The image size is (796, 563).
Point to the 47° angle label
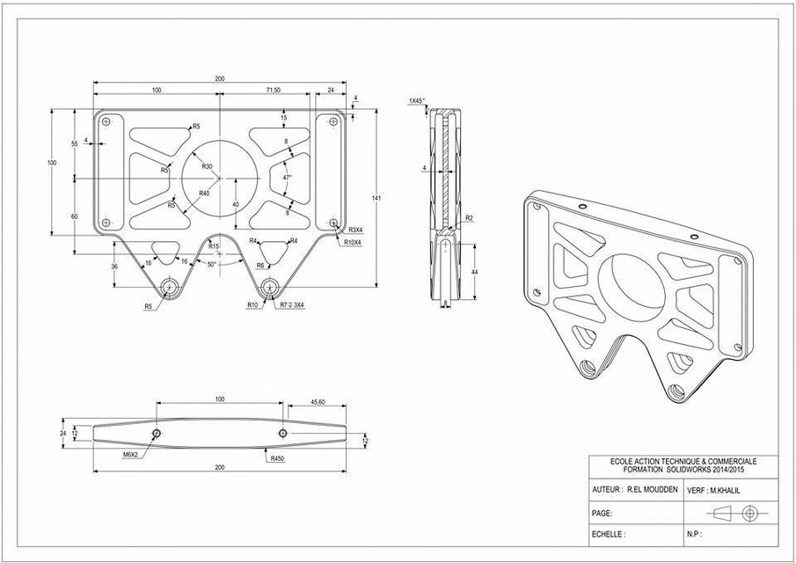pos(287,177)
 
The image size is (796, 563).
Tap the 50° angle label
pos(213,263)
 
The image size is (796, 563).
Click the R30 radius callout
pos(207,166)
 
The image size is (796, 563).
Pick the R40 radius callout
pos(203,193)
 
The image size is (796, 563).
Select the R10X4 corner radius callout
pos(354,242)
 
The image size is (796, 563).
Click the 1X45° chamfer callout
pos(417,101)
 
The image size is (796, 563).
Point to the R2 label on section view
pos(469,217)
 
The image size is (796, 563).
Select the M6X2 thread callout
pos(134,456)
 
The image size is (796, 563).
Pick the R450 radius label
pos(279,458)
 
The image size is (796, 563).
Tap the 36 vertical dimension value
pos(114,267)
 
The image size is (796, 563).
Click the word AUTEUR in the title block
pos(606,488)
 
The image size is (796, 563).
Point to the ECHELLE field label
pos(608,534)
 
